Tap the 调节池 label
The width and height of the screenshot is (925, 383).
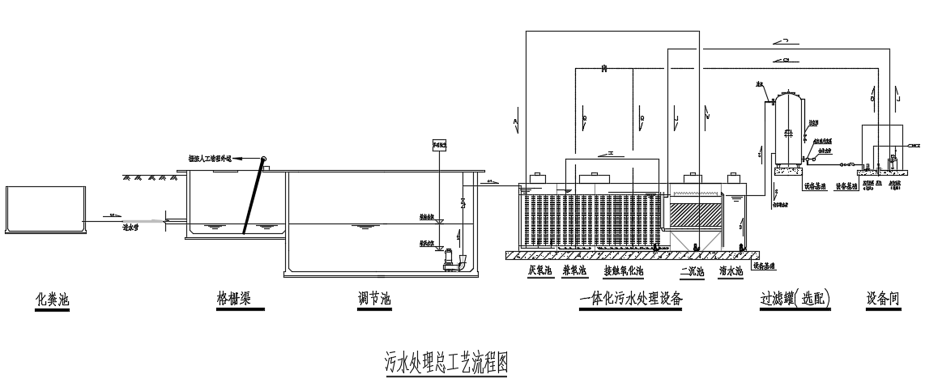[x=374, y=300]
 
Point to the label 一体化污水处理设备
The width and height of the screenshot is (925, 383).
[x=632, y=300]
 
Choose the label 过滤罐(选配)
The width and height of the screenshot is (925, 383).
[x=795, y=300]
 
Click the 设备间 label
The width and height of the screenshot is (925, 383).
[x=883, y=300]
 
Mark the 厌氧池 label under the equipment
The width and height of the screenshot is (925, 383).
[x=540, y=272]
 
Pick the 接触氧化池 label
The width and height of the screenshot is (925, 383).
[x=624, y=272]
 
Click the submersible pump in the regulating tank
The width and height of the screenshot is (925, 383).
[x=447, y=260]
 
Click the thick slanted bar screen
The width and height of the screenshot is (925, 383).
[x=254, y=195]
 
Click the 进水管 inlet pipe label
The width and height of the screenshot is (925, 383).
[x=130, y=228]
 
